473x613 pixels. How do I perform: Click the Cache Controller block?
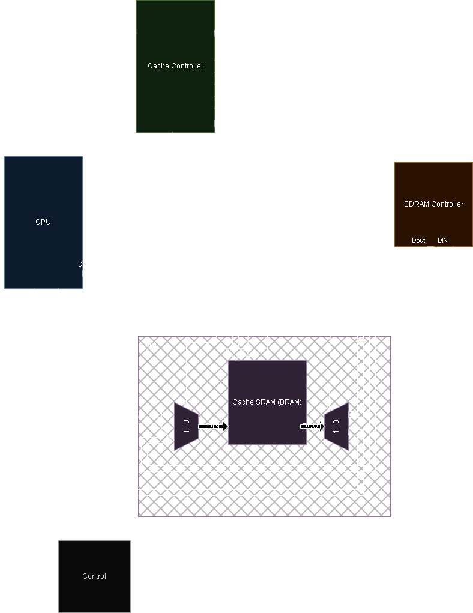tap(175, 66)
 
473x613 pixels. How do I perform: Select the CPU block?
tap(43, 222)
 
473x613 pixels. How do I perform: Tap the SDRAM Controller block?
tap(433, 204)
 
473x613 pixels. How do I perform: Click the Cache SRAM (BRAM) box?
tap(267, 402)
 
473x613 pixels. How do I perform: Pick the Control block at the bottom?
tap(94, 576)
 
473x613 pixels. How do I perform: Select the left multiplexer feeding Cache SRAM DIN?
tap(186, 427)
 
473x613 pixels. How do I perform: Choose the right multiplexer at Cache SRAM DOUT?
tap(336, 427)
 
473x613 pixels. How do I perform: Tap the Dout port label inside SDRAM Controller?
tap(418, 241)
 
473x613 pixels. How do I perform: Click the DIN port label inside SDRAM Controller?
tap(442, 241)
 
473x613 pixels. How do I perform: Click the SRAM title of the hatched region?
tap(149, 345)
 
